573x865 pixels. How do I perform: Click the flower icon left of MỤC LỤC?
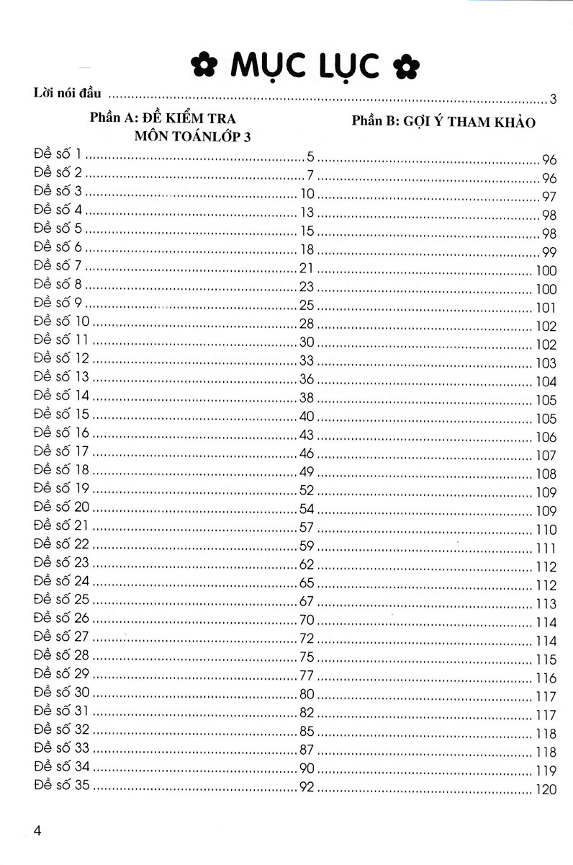pyautogui.click(x=202, y=64)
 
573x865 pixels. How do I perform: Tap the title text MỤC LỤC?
pyautogui.click(x=304, y=66)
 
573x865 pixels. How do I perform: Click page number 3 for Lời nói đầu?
pyautogui.click(x=553, y=99)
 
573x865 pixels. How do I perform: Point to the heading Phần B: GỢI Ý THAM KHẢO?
pyautogui.click(x=443, y=122)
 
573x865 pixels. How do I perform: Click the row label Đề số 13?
pyautogui.click(x=63, y=377)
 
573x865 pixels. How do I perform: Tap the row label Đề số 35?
pyautogui.click(x=63, y=785)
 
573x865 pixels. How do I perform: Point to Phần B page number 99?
pyautogui.click(x=549, y=252)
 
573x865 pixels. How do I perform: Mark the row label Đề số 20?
pyautogui.click(x=63, y=507)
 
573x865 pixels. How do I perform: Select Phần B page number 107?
pyautogui.click(x=546, y=456)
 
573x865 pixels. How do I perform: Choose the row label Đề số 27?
pyautogui.click(x=63, y=636)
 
